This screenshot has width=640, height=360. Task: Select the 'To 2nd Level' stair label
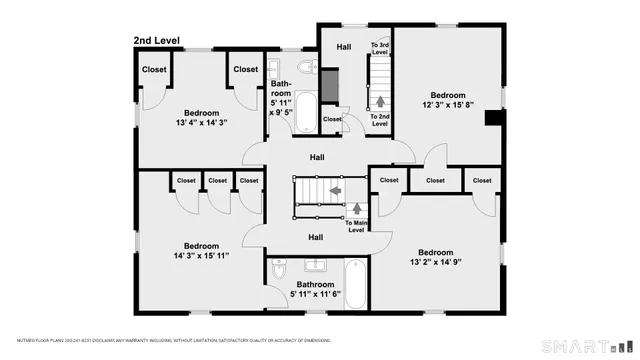coord(379,120)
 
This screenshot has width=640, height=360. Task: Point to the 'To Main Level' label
coord(356,226)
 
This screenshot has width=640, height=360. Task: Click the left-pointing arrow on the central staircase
coord(335,188)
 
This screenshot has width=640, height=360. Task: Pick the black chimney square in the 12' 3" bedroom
coord(491,117)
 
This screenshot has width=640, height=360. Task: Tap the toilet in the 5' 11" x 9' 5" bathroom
coord(308,68)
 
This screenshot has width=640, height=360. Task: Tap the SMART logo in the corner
coord(586,346)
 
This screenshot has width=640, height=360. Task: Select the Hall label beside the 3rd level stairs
coord(343,46)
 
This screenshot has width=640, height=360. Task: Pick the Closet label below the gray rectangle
coord(332,120)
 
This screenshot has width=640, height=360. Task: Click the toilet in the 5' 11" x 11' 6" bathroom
coord(280,270)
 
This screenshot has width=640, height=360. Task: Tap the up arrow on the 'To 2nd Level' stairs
coord(379,101)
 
